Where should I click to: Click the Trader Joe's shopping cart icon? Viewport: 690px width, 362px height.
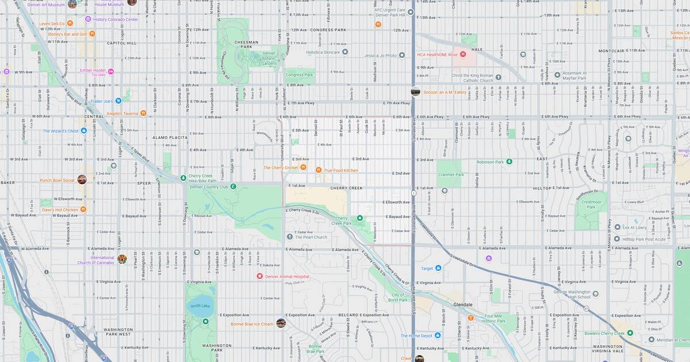pyautogui.click(x=118, y=101)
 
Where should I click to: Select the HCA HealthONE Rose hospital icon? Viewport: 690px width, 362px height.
pyautogui.click(x=463, y=55)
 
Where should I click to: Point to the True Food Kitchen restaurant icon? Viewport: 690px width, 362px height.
pyautogui.click(x=319, y=170)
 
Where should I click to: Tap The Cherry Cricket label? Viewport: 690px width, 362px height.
pyautogui.click(x=281, y=168)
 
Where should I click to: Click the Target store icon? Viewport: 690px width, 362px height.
pyautogui.click(x=438, y=268)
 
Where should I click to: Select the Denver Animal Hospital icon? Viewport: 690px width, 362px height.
pyautogui.click(x=260, y=276)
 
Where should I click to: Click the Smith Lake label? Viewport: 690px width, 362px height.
pyautogui.click(x=201, y=306)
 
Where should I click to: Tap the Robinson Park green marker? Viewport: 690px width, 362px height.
pyautogui.click(x=509, y=162)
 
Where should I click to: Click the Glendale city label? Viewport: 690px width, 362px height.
pyautogui.click(x=462, y=305)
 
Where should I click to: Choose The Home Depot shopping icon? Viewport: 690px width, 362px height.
pyautogui.click(x=438, y=336)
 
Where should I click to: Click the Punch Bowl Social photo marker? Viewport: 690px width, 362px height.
pyautogui.click(x=82, y=180)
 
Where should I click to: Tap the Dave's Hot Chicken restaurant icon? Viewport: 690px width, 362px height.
pyautogui.click(x=83, y=210)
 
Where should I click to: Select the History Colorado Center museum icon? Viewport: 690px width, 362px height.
pyautogui.click(x=88, y=20)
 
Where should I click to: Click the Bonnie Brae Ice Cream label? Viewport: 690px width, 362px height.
pyautogui.click(x=252, y=324)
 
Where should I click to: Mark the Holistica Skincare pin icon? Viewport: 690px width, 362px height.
pyautogui.click(x=345, y=52)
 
